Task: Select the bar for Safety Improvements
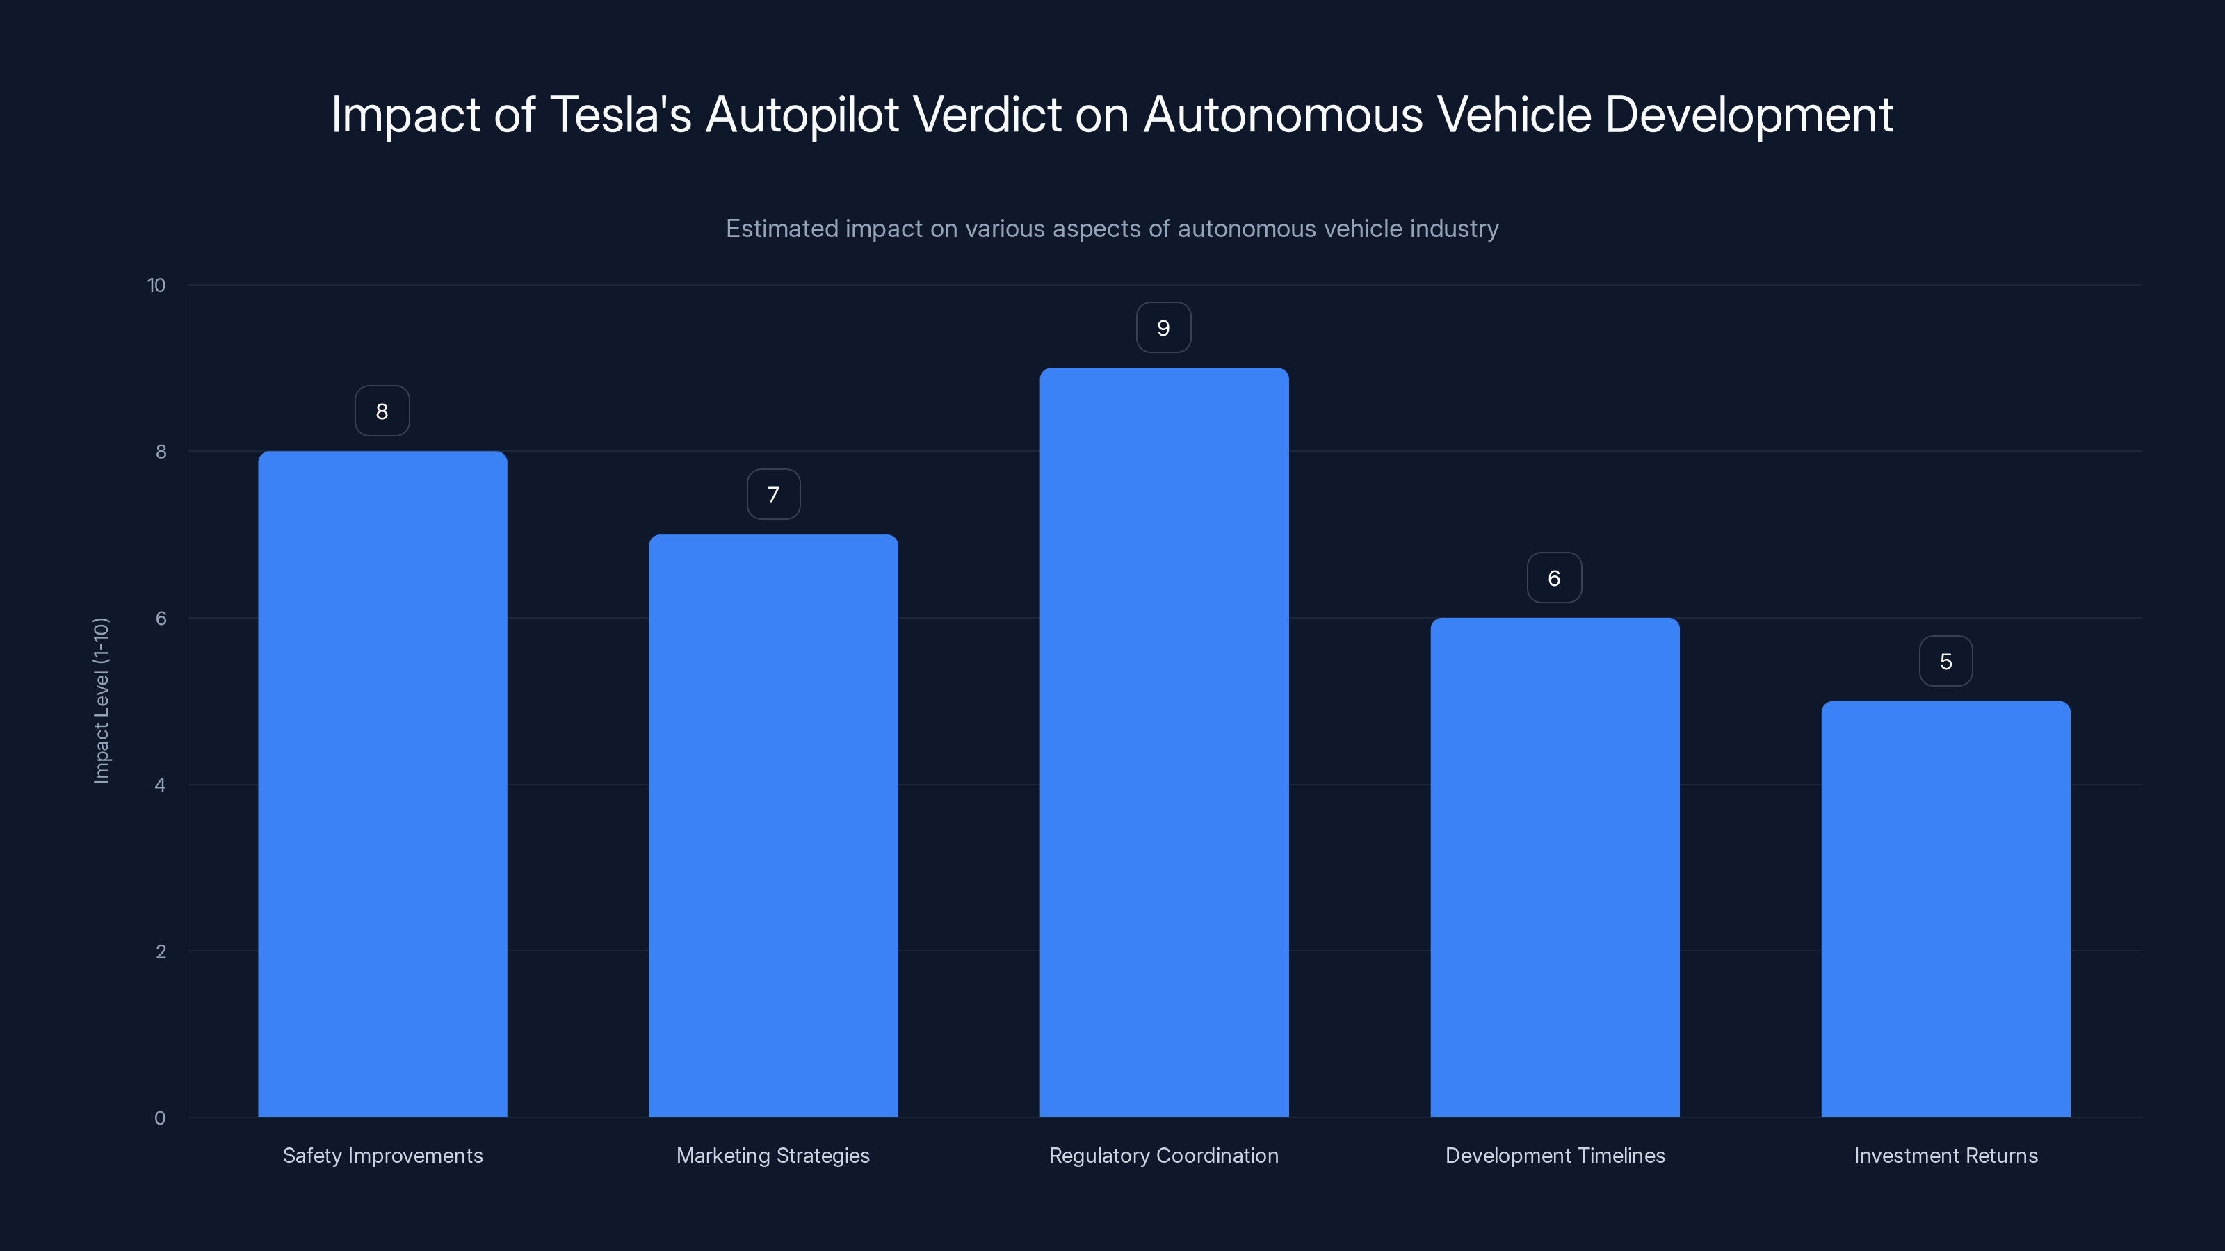(382, 784)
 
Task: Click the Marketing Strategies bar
(773, 826)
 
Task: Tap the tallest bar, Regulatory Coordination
(1163, 742)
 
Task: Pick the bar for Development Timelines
(1555, 867)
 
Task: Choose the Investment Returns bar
(1945, 908)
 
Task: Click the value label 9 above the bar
(1163, 328)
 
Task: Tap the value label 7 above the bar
(773, 495)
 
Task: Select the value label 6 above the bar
(1554, 578)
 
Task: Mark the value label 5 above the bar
(1945, 662)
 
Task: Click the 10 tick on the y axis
(156, 286)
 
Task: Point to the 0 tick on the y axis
(160, 1118)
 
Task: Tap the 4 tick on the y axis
(160, 785)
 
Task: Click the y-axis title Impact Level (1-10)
(101, 700)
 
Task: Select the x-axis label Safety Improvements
(382, 1155)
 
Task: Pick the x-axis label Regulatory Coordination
(1163, 1155)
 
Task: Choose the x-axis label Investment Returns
(1945, 1155)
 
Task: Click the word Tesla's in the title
(620, 115)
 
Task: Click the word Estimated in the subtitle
(781, 229)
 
